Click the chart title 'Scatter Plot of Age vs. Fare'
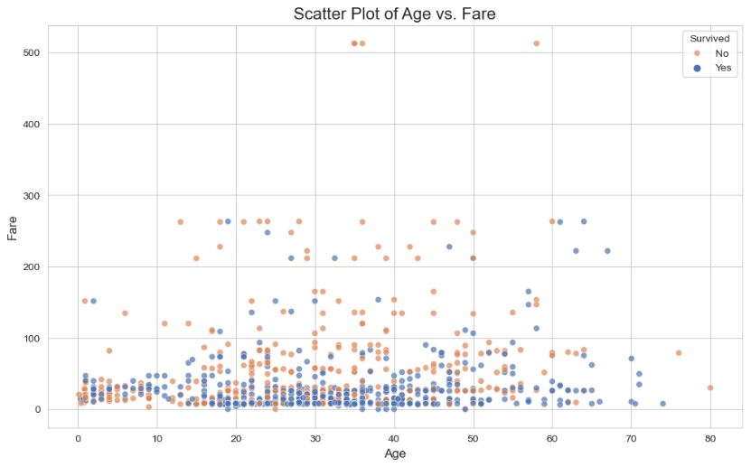tap(394, 14)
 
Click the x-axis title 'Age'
tap(394, 453)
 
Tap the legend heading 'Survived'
tap(709, 39)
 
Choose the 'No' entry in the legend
tap(721, 53)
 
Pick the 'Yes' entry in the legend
tap(722, 69)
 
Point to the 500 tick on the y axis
tap(31, 52)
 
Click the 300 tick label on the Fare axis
tap(31, 195)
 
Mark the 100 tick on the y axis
tap(31, 338)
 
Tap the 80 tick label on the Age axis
tap(710, 438)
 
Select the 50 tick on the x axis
tap(473, 438)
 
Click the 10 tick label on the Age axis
tap(157, 438)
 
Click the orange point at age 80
tap(710, 388)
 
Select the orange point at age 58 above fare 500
tap(536, 43)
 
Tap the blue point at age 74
tap(662, 404)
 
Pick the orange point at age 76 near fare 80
tap(679, 353)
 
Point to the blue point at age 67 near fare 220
tap(607, 251)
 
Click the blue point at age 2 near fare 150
tap(93, 301)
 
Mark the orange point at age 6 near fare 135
tap(125, 313)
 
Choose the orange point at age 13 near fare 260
tap(181, 222)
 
